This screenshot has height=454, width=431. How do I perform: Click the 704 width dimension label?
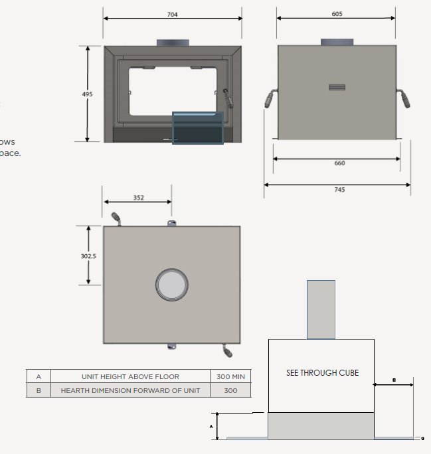[x=173, y=15]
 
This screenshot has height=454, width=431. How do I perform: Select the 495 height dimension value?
[x=88, y=94]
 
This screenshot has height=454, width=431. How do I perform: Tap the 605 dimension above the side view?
[x=337, y=14]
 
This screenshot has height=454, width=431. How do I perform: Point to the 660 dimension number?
[x=339, y=163]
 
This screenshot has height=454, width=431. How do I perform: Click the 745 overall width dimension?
[x=339, y=190]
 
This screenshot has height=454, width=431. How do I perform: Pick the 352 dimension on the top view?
[x=138, y=198]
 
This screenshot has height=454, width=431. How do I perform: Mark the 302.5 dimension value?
[x=89, y=256]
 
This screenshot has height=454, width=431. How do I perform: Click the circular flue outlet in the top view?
[x=172, y=285]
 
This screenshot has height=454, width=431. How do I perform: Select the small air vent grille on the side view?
[x=337, y=88]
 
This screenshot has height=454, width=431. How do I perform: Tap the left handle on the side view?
[x=269, y=99]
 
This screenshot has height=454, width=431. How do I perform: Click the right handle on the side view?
[x=404, y=99]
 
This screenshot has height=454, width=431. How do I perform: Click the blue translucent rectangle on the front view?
[x=197, y=127]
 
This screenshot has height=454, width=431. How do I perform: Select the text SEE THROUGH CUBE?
[x=322, y=373]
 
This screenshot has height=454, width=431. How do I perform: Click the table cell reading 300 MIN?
[x=230, y=376]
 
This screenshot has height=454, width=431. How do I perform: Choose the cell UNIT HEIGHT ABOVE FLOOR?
[x=130, y=376]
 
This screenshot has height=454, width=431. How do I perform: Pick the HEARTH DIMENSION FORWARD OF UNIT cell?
[x=130, y=390]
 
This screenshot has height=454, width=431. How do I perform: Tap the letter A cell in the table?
[x=39, y=376]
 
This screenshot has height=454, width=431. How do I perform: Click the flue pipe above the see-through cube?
[x=321, y=309]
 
